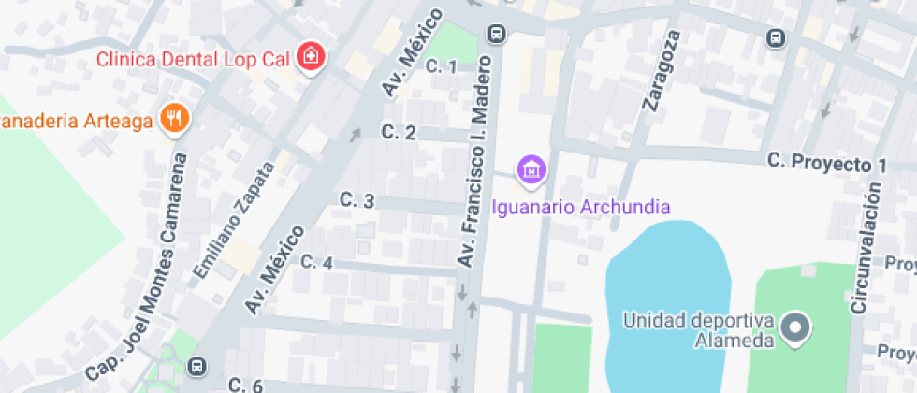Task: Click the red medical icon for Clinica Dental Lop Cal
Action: (310, 58)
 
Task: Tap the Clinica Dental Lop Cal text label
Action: (196, 59)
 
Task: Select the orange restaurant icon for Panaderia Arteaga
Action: (174, 118)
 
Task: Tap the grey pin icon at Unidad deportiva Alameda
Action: (796, 328)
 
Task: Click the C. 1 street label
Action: (441, 66)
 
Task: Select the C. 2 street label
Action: (399, 133)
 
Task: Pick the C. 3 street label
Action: (357, 200)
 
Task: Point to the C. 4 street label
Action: (316, 263)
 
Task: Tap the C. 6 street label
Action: (245, 385)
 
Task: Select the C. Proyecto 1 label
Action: (826, 163)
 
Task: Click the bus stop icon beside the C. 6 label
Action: (197, 365)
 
